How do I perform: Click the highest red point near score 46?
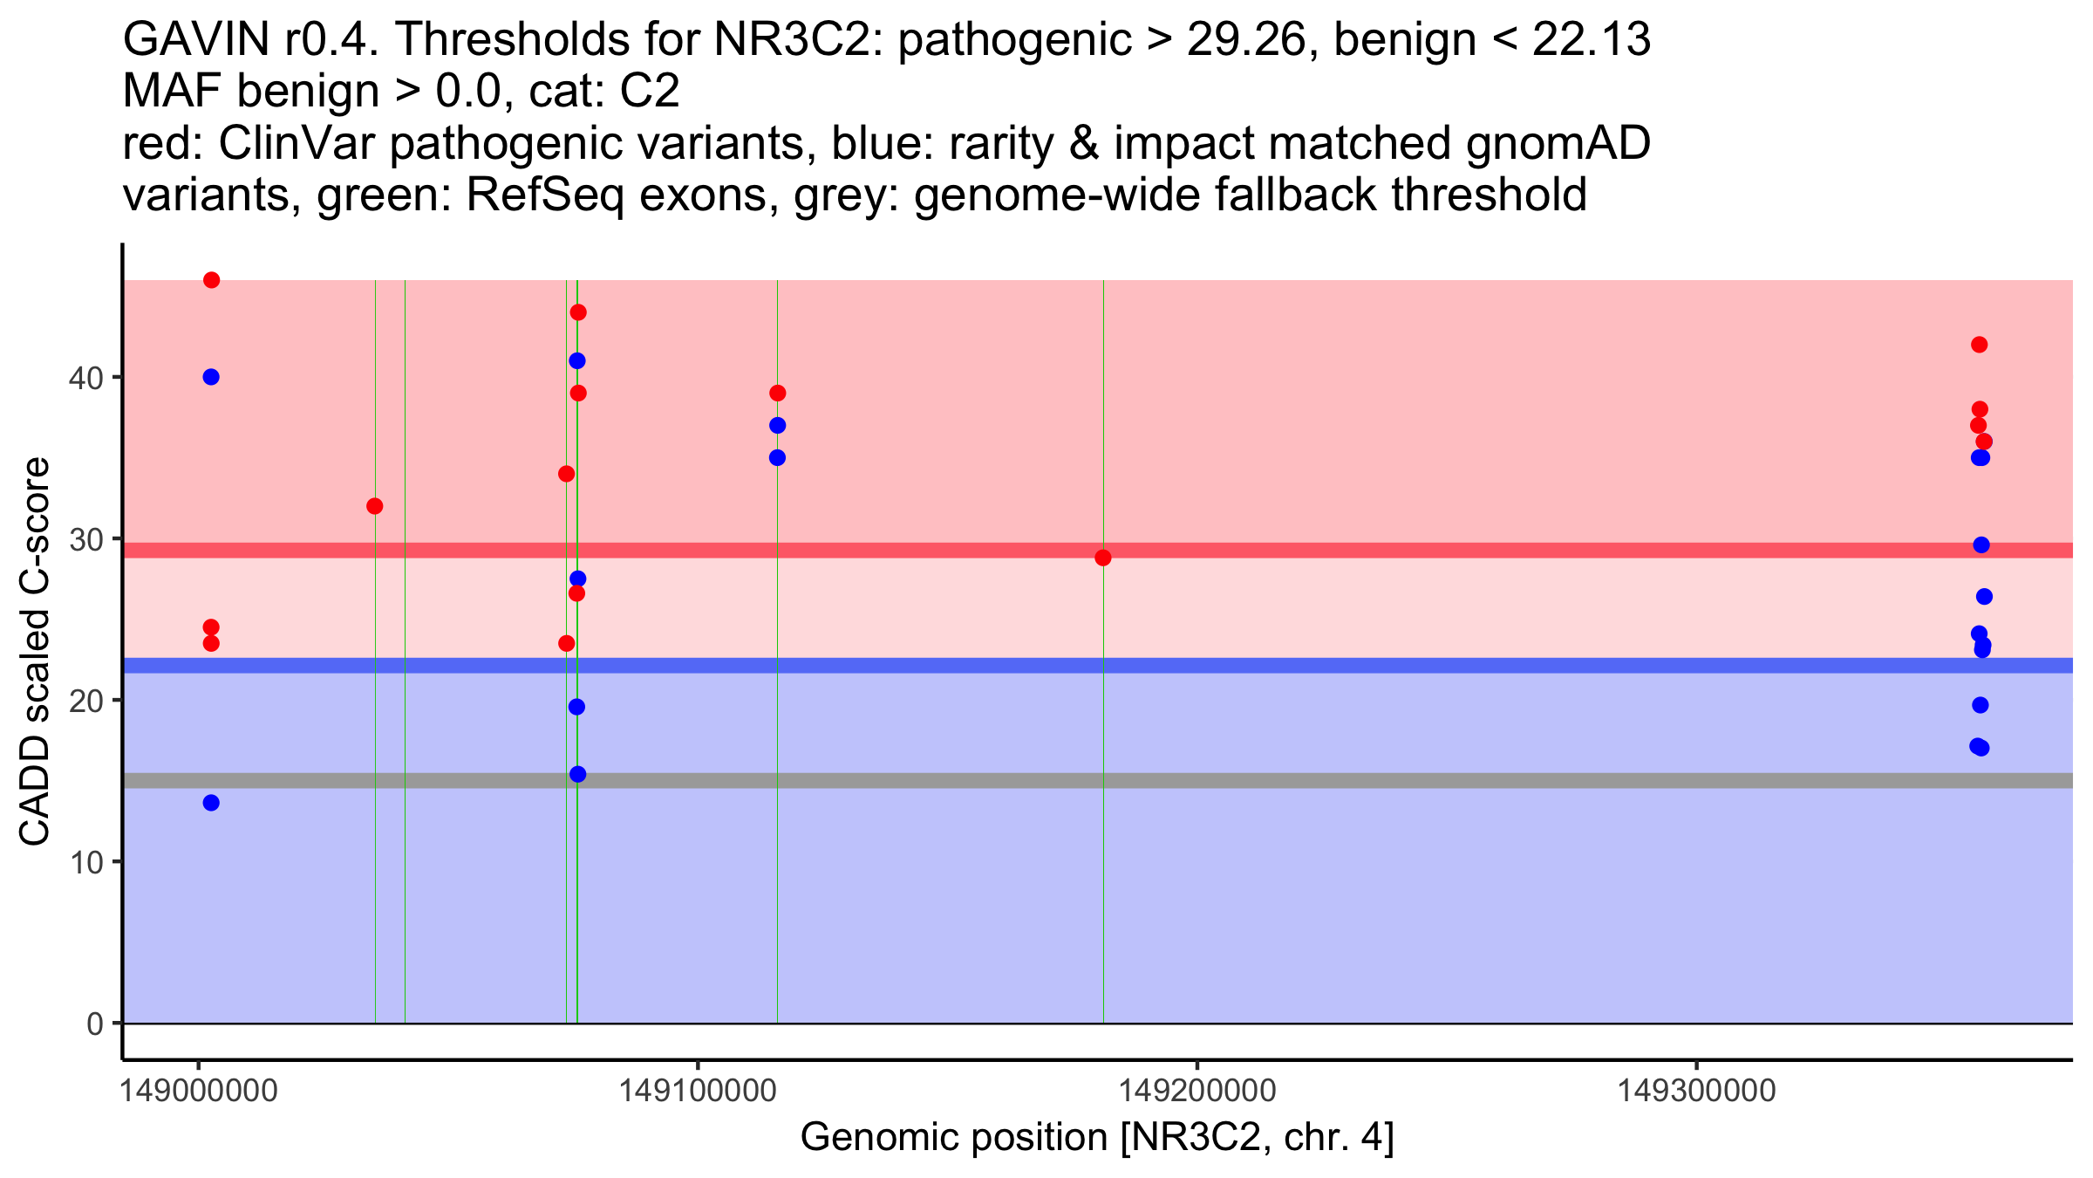coord(211,280)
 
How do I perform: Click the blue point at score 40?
coord(211,377)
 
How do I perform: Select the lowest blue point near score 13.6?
coord(211,803)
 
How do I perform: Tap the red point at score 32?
coord(375,506)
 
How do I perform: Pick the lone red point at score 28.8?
coord(1103,558)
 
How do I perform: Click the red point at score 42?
coord(1980,345)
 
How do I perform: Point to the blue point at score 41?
coord(577,360)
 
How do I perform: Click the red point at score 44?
coord(578,312)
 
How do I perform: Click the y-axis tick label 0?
coord(95,1024)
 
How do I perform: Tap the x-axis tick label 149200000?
coord(1196,1091)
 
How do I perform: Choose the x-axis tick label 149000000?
coord(199,1091)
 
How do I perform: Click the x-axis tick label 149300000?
coord(1696,1091)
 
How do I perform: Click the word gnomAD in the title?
coord(1558,143)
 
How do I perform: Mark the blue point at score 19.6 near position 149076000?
coord(576,707)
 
